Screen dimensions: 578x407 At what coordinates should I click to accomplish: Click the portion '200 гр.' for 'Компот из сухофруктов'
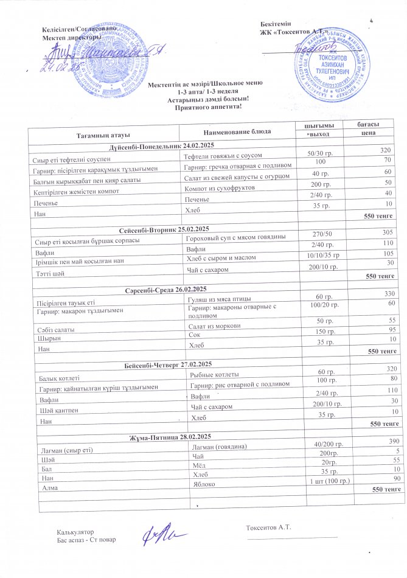coord(319,184)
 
